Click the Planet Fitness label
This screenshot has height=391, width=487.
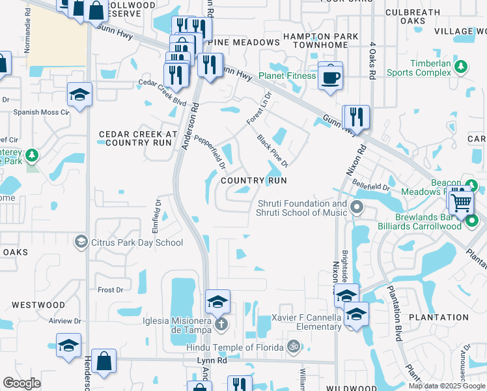point(286,76)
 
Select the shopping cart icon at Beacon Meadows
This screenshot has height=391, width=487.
point(461,201)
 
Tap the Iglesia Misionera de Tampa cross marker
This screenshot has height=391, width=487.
point(221,324)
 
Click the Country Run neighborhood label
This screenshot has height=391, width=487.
point(254,180)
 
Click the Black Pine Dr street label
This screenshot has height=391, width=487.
point(272,150)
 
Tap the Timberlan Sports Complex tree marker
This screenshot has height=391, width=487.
point(461,66)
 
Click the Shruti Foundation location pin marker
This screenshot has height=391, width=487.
point(356,208)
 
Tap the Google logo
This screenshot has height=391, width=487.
point(22,383)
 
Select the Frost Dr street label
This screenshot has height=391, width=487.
point(109,290)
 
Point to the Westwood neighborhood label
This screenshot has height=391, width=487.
point(38,304)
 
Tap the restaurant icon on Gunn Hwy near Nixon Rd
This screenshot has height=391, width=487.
point(355,118)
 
